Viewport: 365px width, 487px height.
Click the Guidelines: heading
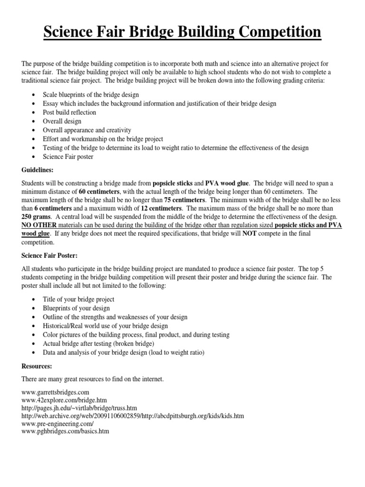pos(38,169)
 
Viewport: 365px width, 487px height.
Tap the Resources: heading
pos(37,367)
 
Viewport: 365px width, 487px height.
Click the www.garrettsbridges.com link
pos(56,392)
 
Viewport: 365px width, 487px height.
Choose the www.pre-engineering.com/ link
pos(58,424)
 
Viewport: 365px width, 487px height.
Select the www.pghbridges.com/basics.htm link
pos(66,432)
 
